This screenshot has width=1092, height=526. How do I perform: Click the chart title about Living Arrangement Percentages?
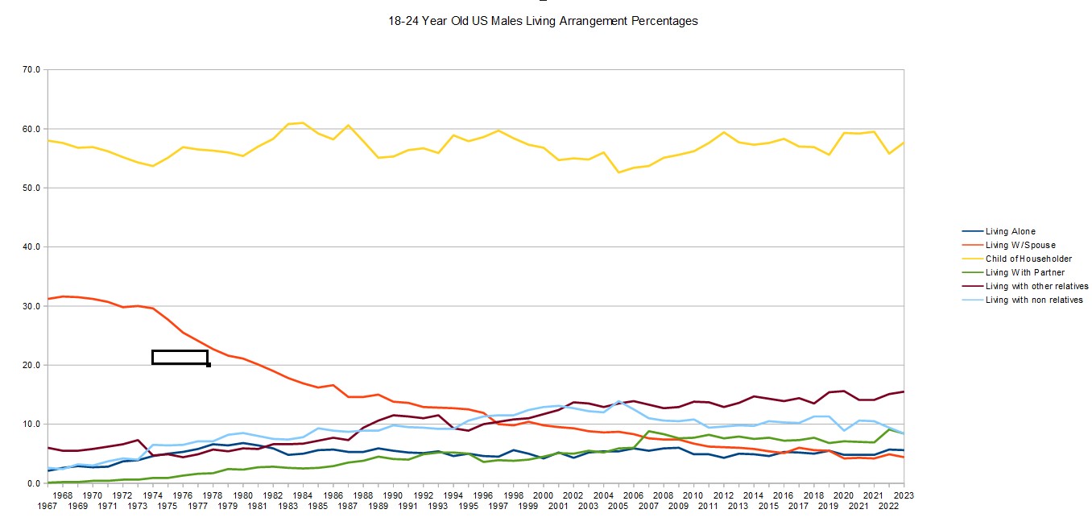(543, 21)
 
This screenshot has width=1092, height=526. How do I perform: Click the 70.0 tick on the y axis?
(31, 70)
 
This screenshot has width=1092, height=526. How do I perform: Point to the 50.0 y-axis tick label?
(31, 188)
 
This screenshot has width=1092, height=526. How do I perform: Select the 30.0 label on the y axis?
(31, 306)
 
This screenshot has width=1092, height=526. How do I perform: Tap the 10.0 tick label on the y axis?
(31, 424)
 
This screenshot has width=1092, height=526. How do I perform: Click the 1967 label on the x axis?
(47, 506)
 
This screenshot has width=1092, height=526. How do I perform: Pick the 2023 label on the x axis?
(904, 495)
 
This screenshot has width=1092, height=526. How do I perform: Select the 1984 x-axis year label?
(303, 495)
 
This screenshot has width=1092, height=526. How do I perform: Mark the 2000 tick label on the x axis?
(543, 495)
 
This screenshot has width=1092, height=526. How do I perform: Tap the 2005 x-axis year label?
(618, 506)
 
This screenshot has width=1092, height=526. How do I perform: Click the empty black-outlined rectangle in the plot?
(180, 357)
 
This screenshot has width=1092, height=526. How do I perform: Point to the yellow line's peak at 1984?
(303, 122)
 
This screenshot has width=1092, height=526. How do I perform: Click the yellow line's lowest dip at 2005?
(618, 172)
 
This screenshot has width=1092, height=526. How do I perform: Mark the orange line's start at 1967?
(48, 299)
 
